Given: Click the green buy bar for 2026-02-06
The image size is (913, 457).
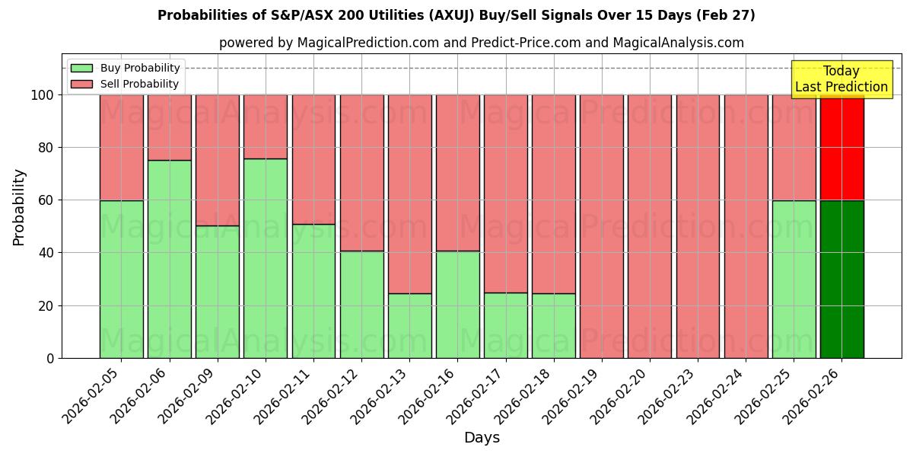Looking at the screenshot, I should point(169,259).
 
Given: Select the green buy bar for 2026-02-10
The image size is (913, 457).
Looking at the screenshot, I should point(266,258).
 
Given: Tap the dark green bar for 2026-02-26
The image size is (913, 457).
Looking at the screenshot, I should point(841,279).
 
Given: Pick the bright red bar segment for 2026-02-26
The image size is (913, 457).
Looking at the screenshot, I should point(841,148).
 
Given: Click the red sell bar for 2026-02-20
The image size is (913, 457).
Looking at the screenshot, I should point(650,226).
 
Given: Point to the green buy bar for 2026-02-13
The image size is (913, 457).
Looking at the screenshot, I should point(409,325).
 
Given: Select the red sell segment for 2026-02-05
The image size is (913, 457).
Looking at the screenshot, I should point(121,148).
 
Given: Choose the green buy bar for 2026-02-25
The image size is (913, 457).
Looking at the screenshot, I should point(794,279).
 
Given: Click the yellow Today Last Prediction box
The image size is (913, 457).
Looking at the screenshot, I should point(841,79).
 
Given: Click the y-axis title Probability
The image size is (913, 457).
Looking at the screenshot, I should point(19,207).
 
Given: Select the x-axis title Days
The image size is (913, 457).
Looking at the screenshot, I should point(482,438).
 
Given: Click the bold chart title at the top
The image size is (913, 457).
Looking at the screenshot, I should point(456,15).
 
